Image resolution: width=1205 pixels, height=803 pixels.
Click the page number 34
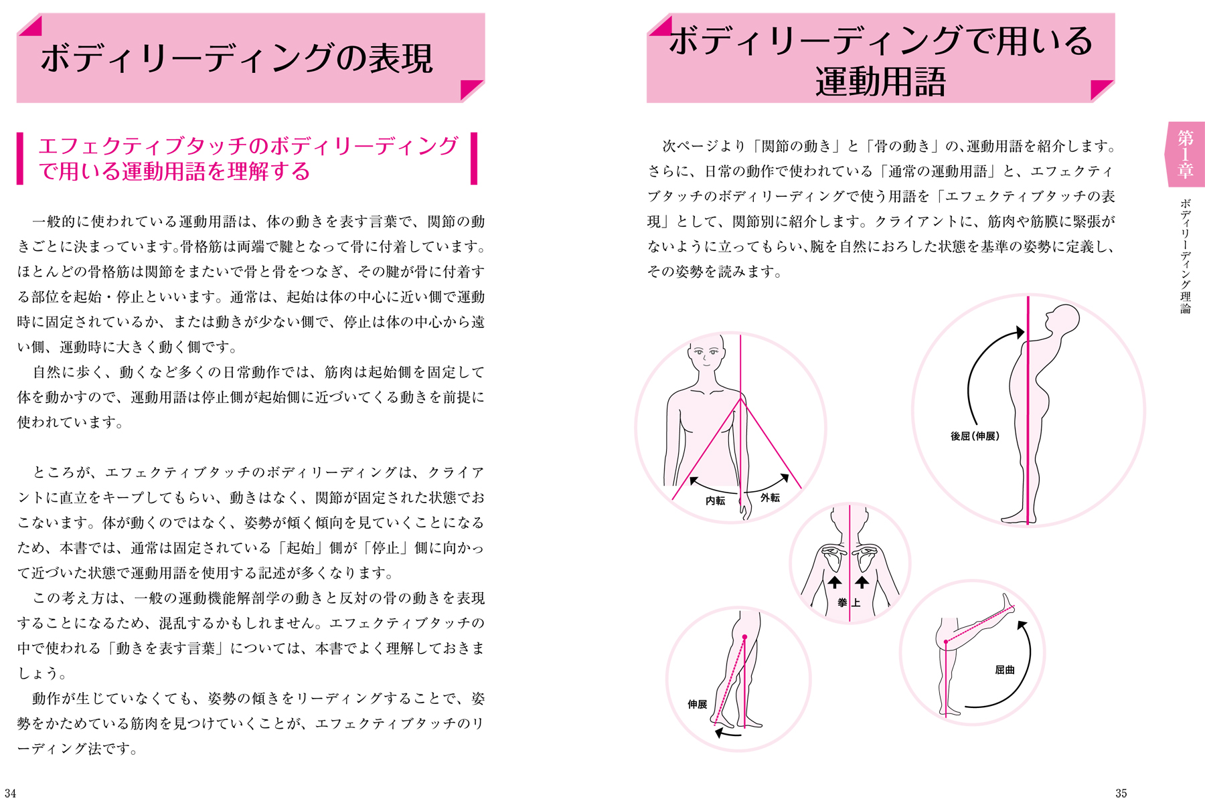pos(10,793)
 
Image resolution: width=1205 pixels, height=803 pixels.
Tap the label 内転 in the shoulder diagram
pos(715,501)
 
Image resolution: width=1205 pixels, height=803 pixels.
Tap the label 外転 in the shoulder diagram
pos(770,498)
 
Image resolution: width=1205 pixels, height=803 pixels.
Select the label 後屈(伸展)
pos(975,436)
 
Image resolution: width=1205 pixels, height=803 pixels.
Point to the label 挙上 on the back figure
pos(849,603)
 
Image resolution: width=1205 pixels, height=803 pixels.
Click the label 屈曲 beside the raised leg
pos(1004,670)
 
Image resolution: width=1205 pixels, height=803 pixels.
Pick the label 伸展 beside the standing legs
pos(697,704)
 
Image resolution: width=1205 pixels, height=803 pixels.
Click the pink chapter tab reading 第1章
pos(1185,155)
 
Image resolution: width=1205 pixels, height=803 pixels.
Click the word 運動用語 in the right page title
pos(880,82)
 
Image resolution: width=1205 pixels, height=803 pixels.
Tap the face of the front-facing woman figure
pos(706,354)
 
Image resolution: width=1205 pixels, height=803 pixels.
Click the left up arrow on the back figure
pos(835,582)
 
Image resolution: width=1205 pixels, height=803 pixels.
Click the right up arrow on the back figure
pos(862,582)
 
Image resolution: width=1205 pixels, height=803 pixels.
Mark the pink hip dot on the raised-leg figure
pos(945,642)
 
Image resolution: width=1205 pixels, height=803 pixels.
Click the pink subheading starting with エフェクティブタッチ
pos(248,159)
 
